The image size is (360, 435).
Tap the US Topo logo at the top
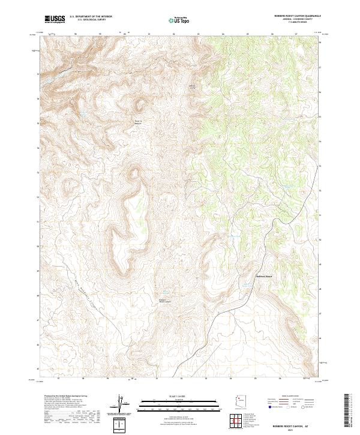(181, 20)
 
